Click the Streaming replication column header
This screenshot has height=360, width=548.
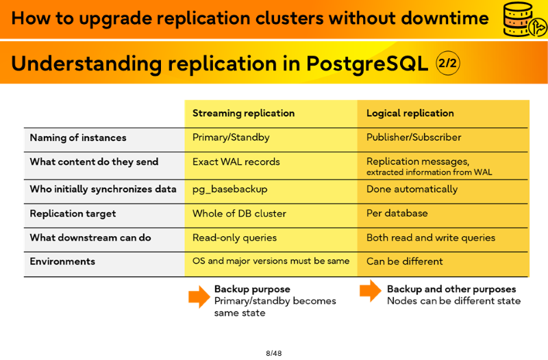(x=243, y=113)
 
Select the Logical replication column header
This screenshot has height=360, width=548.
(x=410, y=113)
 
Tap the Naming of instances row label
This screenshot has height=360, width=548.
(x=78, y=138)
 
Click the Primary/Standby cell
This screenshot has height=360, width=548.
(x=231, y=138)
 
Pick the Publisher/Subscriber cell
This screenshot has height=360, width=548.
(x=414, y=138)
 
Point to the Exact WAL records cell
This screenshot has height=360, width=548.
(x=236, y=162)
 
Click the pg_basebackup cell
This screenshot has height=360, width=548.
(x=230, y=190)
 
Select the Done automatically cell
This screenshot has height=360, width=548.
(x=412, y=190)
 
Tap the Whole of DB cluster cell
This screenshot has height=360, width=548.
(x=239, y=214)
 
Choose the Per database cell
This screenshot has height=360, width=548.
(x=397, y=213)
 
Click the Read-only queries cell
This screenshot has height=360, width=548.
(x=234, y=237)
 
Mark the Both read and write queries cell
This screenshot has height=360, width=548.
(x=431, y=237)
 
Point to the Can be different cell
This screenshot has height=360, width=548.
(x=405, y=261)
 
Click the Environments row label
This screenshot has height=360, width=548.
(x=62, y=261)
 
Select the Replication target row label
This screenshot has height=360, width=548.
(x=73, y=214)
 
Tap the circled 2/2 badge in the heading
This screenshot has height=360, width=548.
(x=448, y=63)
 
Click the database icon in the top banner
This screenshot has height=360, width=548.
(x=523, y=19)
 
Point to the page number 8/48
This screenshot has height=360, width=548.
(x=273, y=353)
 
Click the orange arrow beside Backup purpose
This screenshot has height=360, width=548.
(x=199, y=297)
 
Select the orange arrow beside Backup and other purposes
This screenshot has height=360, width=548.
(x=371, y=290)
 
